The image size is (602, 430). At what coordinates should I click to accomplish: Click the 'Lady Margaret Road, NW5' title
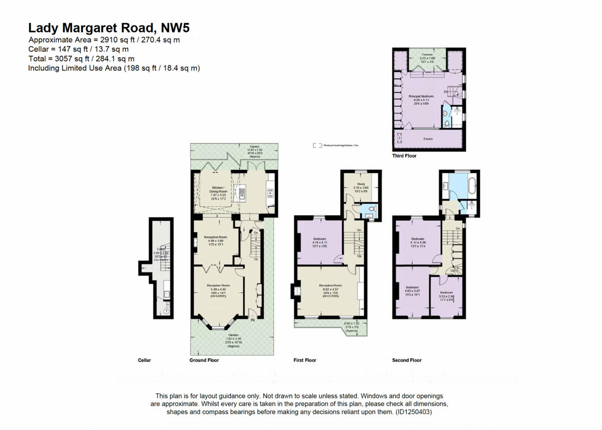pyautogui.click(x=109, y=28)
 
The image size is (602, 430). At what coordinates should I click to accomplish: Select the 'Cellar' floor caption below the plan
pyautogui.click(x=144, y=360)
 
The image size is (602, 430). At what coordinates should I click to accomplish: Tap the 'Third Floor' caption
pyautogui.click(x=404, y=156)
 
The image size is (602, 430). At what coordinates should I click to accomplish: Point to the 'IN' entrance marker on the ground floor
pyautogui.click(x=253, y=320)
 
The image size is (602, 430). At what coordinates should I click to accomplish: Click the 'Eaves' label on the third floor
pyautogui.click(x=427, y=138)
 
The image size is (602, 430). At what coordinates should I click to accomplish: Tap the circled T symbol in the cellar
pyautogui.click(x=167, y=311)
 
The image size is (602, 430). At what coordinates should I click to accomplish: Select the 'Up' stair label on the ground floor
pyautogui.click(x=256, y=259)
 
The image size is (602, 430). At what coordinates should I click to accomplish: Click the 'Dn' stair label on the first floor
pyautogui.click(x=359, y=230)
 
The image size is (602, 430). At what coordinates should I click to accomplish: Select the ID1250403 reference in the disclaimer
pyautogui.click(x=413, y=412)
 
